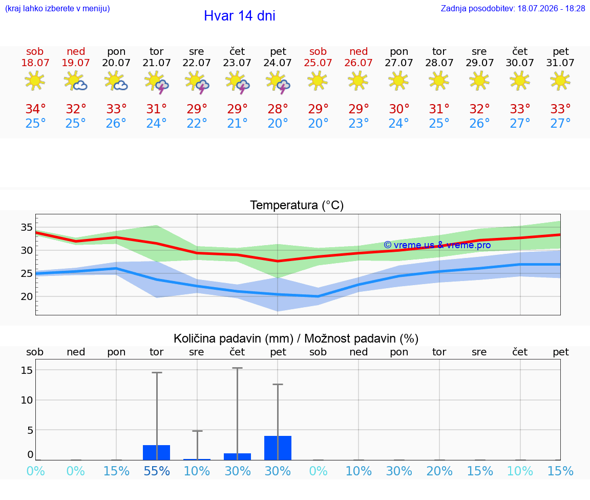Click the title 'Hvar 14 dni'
[239, 16]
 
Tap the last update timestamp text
[513, 8]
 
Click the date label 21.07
[157, 63]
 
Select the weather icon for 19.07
[75, 81]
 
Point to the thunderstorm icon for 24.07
[278, 82]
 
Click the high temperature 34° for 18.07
[35, 109]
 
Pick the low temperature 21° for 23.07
[237, 123]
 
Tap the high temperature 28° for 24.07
[278, 109]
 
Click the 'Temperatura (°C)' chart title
[297, 205]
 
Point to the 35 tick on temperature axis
[27, 227]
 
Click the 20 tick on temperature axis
[27, 296]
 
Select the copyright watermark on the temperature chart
[437, 245]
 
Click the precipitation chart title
[296, 338]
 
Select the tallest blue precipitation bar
[278, 448]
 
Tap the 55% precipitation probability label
[157, 471]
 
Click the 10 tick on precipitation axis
[27, 400]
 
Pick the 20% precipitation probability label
[439, 471]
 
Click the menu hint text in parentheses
[57, 8]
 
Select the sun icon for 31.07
[560, 81]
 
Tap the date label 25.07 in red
[318, 63]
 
